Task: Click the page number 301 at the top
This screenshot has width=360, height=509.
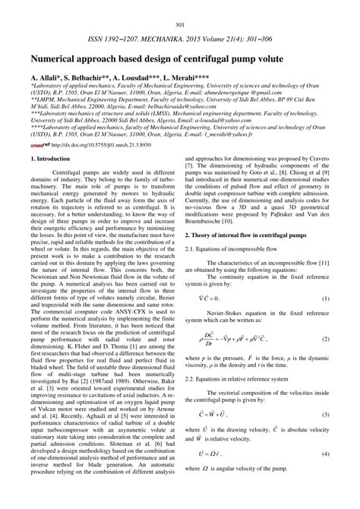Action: click(x=180, y=6)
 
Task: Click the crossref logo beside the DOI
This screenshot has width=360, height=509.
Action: click(x=39, y=164)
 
